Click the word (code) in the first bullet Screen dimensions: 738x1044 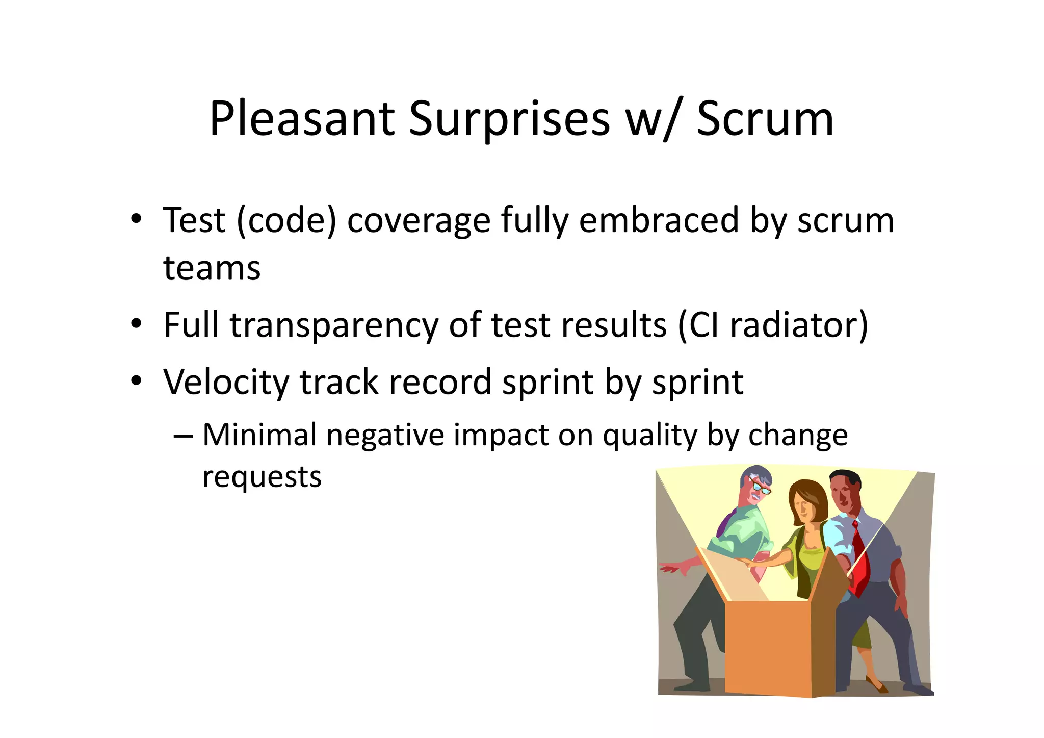click(286, 220)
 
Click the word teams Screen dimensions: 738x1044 click(212, 268)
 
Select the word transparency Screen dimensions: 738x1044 click(334, 325)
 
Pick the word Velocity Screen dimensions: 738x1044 click(226, 382)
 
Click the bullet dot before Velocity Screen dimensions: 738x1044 click(136, 380)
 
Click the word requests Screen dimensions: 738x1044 click(262, 477)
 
